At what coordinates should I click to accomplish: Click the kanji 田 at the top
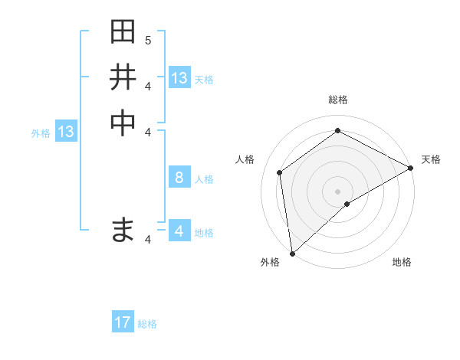click(x=123, y=33)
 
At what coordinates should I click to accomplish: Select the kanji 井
click(x=123, y=77)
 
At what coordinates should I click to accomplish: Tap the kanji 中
click(x=123, y=123)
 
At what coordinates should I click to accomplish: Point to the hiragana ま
click(x=123, y=229)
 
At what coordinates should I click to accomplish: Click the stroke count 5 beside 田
click(x=149, y=40)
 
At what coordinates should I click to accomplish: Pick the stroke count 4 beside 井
click(x=149, y=85)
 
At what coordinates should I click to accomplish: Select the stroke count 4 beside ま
click(x=149, y=240)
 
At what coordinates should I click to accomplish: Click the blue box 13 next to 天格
click(x=179, y=78)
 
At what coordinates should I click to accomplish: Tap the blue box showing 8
click(x=179, y=178)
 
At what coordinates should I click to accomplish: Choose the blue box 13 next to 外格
click(x=66, y=132)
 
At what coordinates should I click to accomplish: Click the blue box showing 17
click(x=123, y=322)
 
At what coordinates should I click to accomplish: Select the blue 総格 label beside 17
click(x=147, y=324)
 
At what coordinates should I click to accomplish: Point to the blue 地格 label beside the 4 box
click(x=204, y=232)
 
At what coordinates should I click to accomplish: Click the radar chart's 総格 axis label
click(x=338, y=100)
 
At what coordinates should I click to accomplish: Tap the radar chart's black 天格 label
click(x=431, y=159)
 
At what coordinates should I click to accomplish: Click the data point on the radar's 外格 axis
click(x=292, y=253)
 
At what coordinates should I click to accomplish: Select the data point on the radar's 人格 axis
click(x=280, y=172)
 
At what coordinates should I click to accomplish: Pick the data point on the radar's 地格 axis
click(x=347, y=204)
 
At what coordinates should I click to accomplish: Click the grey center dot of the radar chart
click(x=338, y=191)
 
